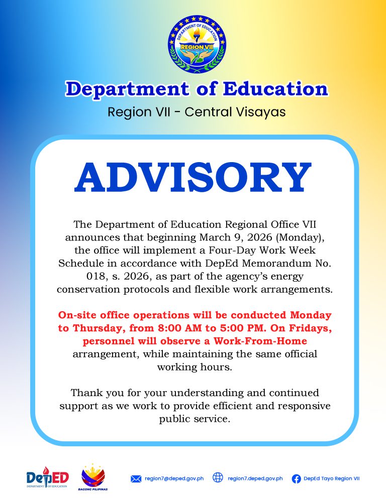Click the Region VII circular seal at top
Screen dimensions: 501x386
(197, 44)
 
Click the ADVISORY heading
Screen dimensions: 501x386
(193, 178)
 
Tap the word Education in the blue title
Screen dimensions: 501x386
(275, 89)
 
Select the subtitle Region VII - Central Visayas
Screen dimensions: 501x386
(197, 111)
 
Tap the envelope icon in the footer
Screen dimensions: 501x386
(136, 479)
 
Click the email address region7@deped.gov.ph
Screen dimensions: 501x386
(174, 479)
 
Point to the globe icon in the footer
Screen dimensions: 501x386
(218, 478)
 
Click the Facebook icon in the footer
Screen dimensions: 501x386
(297, 479)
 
